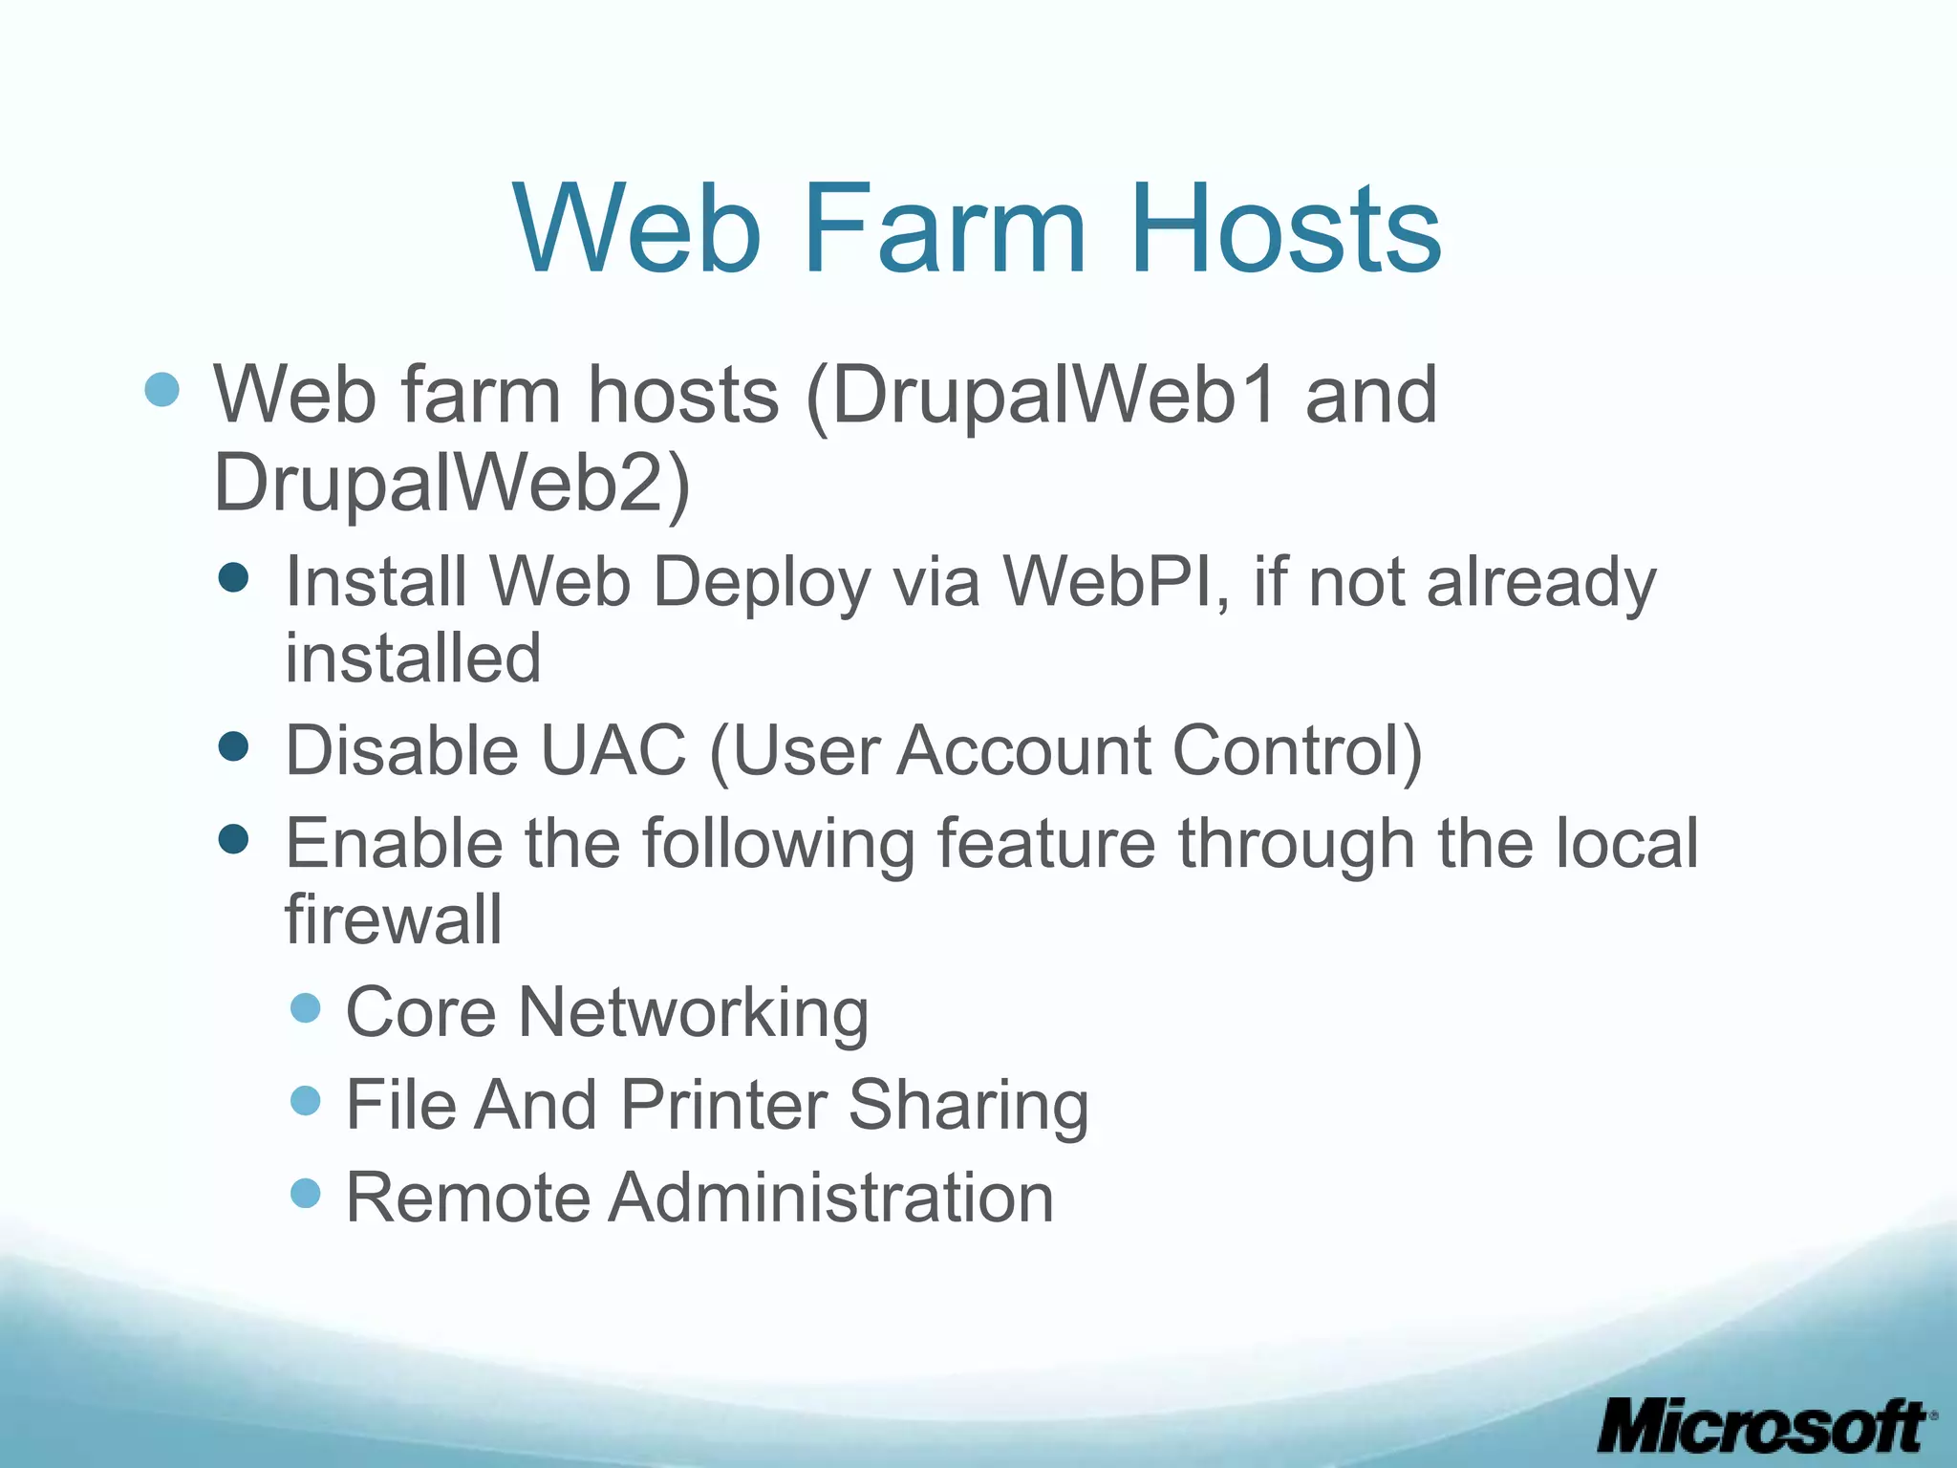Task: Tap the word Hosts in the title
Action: pos(1285,229)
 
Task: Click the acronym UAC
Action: pos(613,750)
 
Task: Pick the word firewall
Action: pos(394,918)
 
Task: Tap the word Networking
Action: pos(693,1012)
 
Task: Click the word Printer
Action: pos(723,1105)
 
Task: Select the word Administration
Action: pos(830,1198)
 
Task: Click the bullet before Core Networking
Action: pos(305,1007)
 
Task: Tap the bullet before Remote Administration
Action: pos(305,1193)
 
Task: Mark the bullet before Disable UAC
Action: pos(233,746)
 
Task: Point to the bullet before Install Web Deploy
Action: pos(233,577)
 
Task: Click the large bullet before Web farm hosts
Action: pos(162,389)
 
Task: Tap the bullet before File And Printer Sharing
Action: pos(305,1100)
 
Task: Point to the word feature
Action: pos(1045,844)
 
